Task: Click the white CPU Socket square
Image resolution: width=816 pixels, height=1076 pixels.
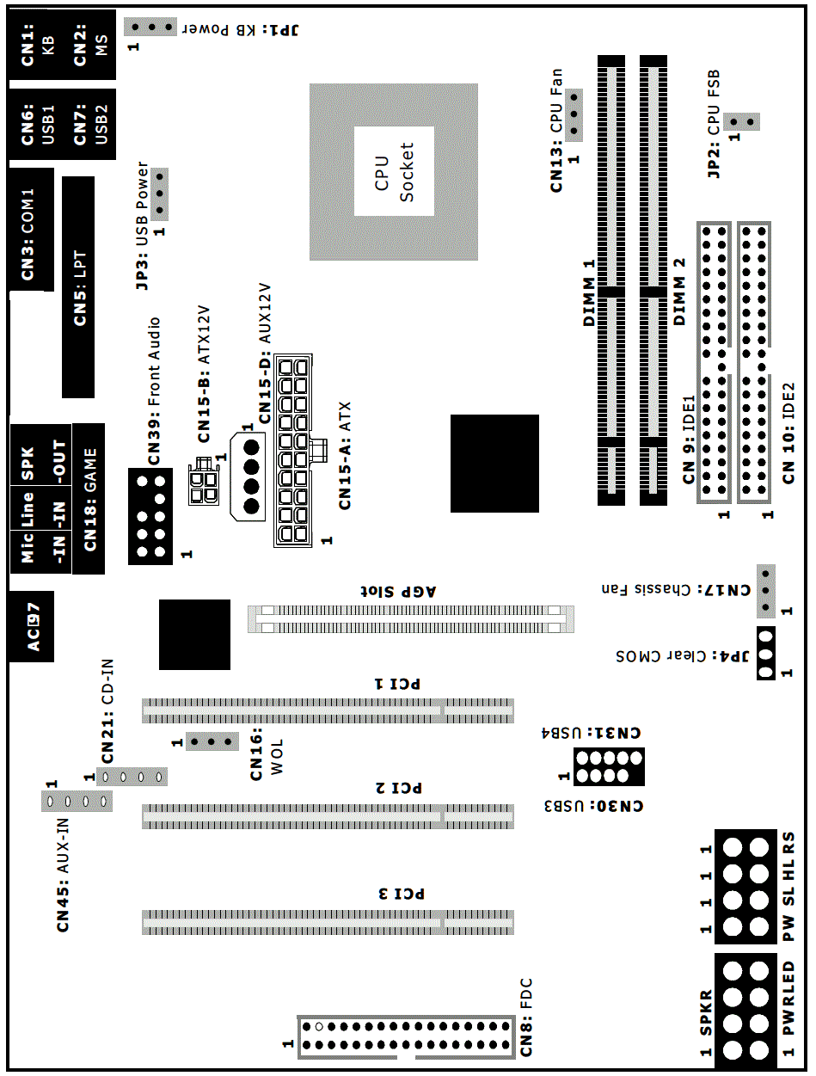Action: coord(394,171)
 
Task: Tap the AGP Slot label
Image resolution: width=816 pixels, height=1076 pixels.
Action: coord(398,592)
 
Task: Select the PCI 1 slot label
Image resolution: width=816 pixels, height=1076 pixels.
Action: coord(397,684)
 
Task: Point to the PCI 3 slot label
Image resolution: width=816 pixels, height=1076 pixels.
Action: coord(402,894)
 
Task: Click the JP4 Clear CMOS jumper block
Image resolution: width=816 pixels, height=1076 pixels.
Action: coord(766,654)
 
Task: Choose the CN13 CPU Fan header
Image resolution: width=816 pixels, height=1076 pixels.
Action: coord(574,115)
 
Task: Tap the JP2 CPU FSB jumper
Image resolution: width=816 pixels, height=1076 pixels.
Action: coord(741,121)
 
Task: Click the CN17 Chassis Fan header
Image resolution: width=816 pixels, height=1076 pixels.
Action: coord(766,591)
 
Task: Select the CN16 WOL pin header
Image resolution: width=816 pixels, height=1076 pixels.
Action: coord(212,741)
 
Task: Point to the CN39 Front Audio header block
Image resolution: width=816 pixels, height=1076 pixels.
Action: coord(150,517)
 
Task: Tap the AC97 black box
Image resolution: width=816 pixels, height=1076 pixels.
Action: coord(32,626)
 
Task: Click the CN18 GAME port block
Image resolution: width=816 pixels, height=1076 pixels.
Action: coord(89,499)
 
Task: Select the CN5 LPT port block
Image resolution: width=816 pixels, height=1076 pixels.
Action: coord(78,287)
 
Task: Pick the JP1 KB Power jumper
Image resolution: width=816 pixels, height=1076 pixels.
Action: coord(150,27)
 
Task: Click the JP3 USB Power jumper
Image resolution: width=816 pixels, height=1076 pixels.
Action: coord(159,194)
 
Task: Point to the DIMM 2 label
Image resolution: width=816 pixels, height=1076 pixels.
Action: coord(678,292)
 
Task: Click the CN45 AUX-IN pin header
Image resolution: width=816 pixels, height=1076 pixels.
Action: coord(77,802)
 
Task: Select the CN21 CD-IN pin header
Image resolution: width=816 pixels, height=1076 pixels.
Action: coord(132,777)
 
